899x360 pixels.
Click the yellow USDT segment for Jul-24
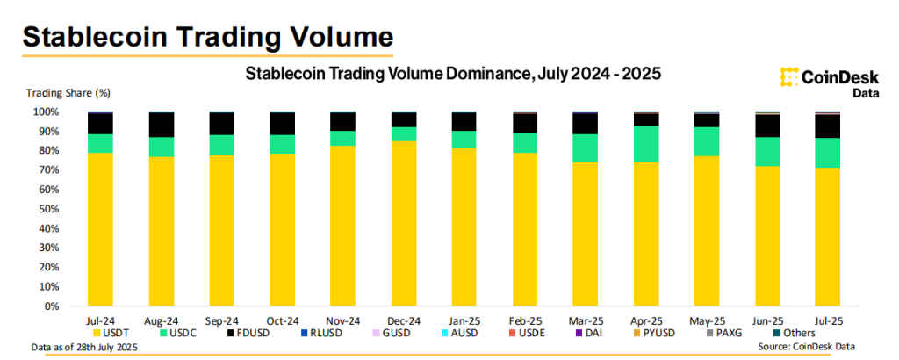(112, 230)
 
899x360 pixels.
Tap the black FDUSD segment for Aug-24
(161, 125)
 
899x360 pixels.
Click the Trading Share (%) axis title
(68, 92)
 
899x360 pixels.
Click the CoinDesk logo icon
(788, 76)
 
